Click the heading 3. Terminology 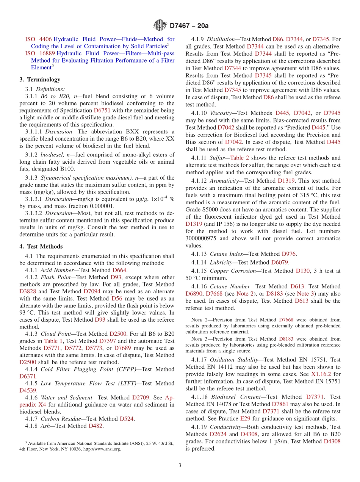(x=40, y=80)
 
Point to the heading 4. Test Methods (x=41, y=246)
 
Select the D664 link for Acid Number (x=120, y=270)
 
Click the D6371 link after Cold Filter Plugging (x=28, y=376)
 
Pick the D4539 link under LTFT (x=28, y=390)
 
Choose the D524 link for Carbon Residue (x=127, y=419)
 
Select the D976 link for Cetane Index (x=289, y=254)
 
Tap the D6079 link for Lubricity (x=280, y=262)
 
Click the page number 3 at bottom (x=180, y=466)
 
